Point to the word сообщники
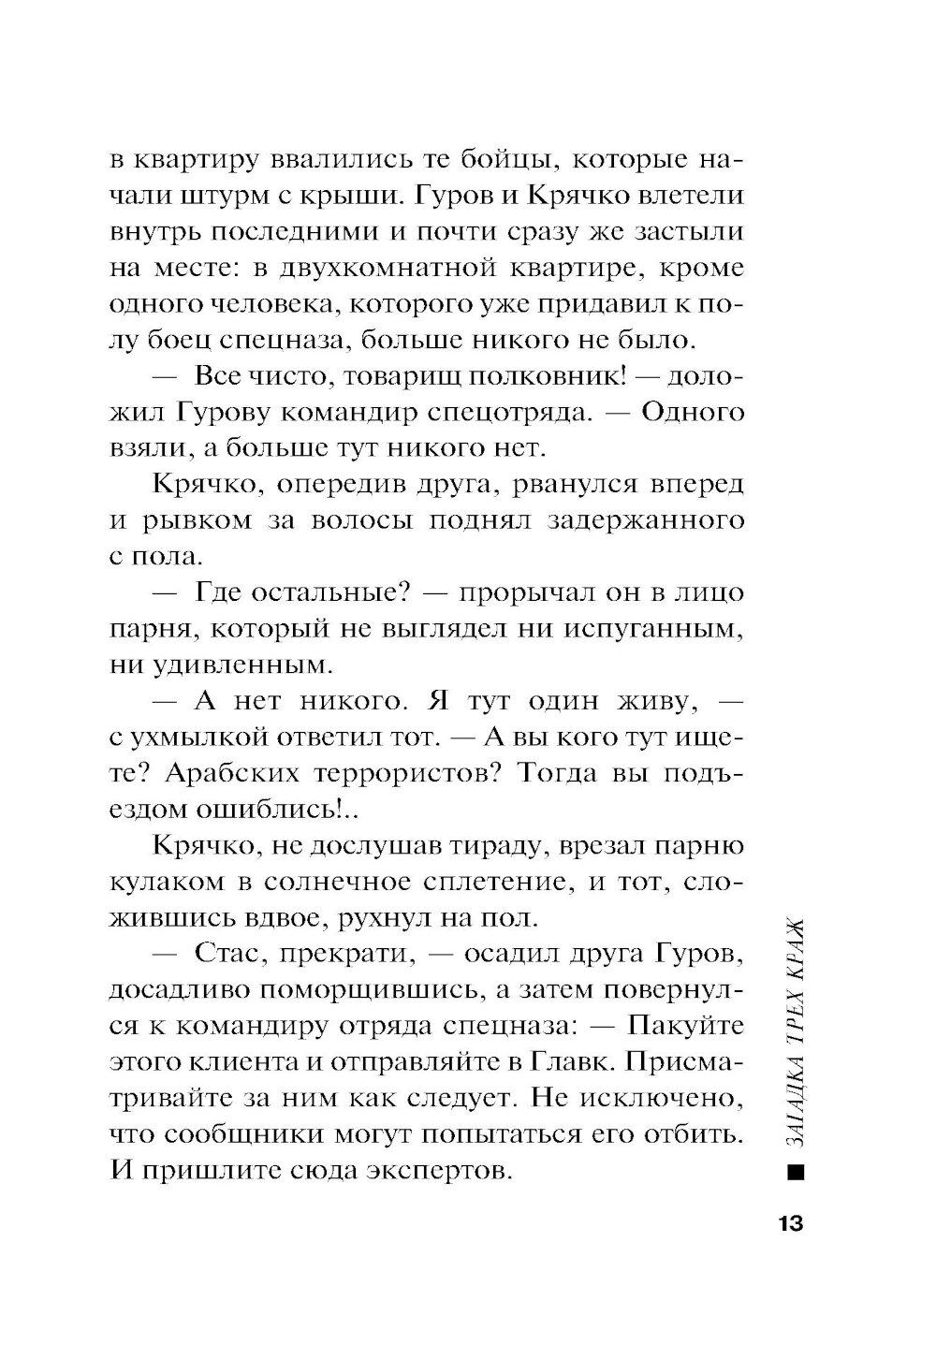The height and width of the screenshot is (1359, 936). pos(228,1133)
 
